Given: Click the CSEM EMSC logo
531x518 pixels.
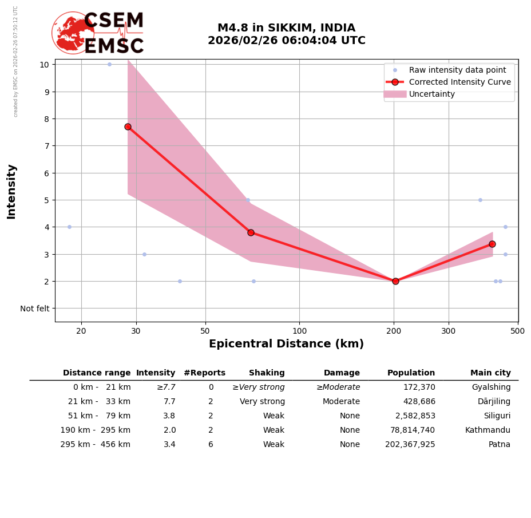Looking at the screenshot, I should [98, 33].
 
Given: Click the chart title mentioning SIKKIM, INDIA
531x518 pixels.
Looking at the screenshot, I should [286, 34].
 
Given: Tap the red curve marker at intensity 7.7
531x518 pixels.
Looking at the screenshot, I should [128, 126].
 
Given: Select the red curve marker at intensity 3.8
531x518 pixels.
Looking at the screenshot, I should [251, 232].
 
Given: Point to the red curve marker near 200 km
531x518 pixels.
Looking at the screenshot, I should [395, 281].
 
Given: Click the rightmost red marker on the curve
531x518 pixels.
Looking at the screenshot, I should [492, 244].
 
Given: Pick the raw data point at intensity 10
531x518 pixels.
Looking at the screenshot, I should [109, 64].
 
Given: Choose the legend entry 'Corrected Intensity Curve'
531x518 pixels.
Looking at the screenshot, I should [459, 82].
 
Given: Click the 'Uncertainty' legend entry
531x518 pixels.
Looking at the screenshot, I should [432, 94].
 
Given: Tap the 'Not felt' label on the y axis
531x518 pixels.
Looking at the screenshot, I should [35, 309].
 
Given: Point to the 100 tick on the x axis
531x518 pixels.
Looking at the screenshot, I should [299, 331].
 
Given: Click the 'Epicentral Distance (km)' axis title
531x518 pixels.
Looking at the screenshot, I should [286, 344].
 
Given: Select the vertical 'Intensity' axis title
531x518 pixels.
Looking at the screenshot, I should [11, 191].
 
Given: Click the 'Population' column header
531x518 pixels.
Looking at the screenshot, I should [411, 373].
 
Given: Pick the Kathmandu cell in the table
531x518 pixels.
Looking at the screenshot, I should [488, 430].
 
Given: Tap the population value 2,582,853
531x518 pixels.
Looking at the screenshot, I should [415, 416].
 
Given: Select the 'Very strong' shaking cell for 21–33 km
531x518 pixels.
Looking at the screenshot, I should [262, 402].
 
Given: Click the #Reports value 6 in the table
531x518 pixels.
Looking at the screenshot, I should [211, 445].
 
